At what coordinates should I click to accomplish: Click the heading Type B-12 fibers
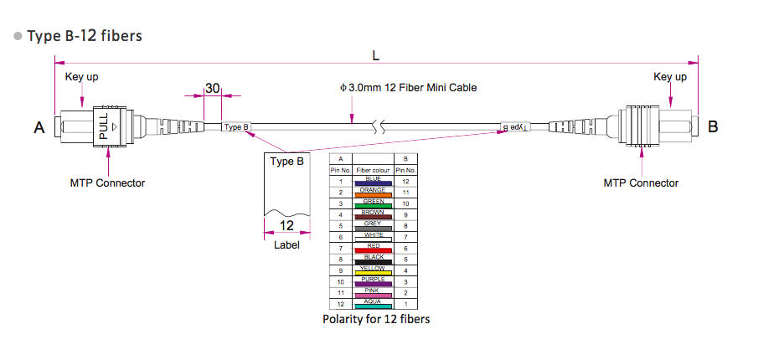coord(85,36)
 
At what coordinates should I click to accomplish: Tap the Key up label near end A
coord(81,77)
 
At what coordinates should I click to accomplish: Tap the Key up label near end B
coord(670,77)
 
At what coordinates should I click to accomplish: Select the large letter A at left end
coord(39,128)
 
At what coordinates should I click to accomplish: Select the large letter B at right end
coord(713,127)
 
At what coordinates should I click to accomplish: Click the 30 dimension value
coord(212,88)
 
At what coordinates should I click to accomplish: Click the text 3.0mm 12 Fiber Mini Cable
coord(409,87)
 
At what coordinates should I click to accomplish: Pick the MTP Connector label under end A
coord(107,183)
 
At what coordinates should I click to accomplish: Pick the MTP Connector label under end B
coord(641,183)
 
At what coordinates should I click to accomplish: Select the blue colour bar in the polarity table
coord(374,183)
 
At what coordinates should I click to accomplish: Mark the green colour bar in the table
coord(374,206)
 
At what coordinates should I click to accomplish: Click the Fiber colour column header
coord(374,170)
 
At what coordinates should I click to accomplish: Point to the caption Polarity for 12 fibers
coord(376,319)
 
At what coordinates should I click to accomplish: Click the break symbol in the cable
coord(381,128)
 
